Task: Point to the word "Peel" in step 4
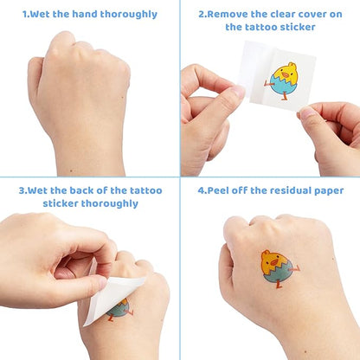tap(218, 190)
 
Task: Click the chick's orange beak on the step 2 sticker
tap(286, 75)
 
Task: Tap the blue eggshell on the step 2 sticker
tap(279, 85)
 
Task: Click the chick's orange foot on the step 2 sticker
tap(285, 97)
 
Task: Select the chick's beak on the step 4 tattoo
tap(274, 262)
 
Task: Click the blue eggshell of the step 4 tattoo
tap(279, 273)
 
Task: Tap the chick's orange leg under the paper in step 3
tap(110, 318)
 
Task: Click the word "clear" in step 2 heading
tap(281, 14)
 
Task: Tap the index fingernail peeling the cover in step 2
tap(239, 91)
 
